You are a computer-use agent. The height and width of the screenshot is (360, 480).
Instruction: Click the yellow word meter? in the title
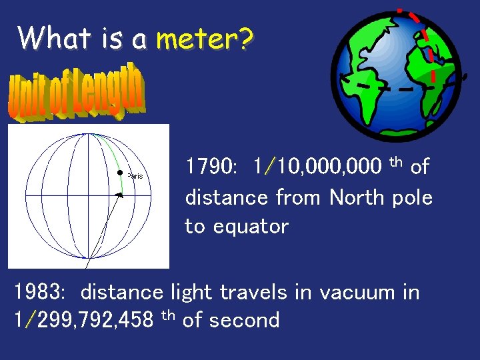pyautogui.click(x=205, y=39)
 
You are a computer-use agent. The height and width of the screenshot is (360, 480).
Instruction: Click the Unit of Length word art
pyautogui.click(x=76, y=94)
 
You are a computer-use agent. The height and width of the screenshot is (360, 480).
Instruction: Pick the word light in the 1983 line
pyautogui.click(x=195, y=292)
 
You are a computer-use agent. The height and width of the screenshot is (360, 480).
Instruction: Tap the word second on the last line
pyautogui.click(x=245, y=321)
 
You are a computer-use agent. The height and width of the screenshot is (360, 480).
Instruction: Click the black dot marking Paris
pyautogui.click(x=120, y=173)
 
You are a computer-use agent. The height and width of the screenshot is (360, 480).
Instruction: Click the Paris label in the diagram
pyautogui.click(x=135, y=177)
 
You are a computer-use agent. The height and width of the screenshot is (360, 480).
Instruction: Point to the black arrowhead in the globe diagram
pyautogui.click(x=119, y=195)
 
